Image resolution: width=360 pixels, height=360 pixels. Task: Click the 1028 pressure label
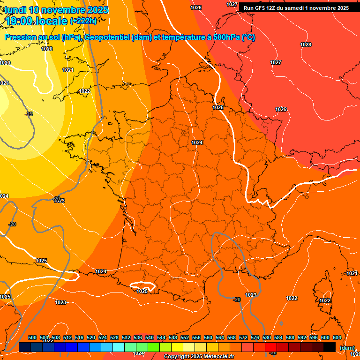[306, 45]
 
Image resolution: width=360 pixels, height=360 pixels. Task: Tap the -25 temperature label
[29, 114]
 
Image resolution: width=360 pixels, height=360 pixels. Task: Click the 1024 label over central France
[197, 142]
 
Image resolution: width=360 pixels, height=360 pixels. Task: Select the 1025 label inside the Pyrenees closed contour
[142, 291]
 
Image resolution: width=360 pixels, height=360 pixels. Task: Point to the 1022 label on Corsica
[325, 300]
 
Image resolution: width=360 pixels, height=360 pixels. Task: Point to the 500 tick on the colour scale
[32, 337]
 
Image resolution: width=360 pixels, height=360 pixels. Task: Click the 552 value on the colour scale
[185, 337]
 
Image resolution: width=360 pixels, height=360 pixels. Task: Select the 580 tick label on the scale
[267, 337]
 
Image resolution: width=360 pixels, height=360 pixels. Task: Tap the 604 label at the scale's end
[337, 337]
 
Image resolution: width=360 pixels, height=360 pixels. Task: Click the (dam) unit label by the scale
[347, 348]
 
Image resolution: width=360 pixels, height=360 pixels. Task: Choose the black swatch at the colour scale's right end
[330, 347]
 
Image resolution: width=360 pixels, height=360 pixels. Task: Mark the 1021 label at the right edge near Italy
[352, 273]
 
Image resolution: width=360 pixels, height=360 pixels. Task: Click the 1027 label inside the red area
[276, 62]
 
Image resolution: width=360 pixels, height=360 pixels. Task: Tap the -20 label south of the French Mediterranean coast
[237, 300]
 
